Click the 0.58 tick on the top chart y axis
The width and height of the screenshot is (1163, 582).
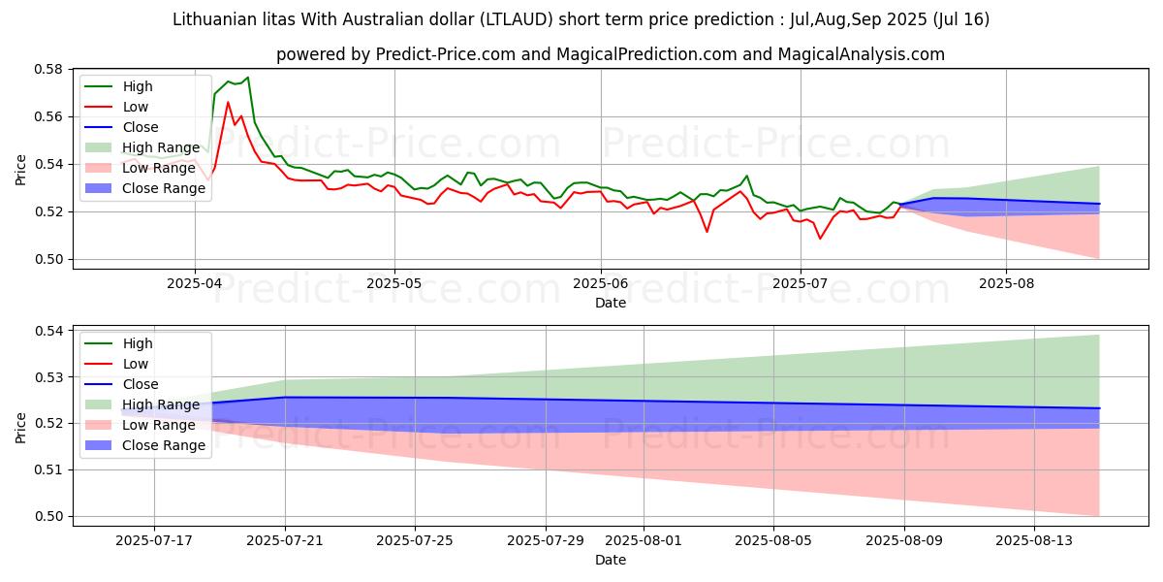tap(48, 70)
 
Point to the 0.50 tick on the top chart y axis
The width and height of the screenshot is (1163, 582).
tap(48, 259)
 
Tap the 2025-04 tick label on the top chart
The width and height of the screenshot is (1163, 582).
tap(195, 283)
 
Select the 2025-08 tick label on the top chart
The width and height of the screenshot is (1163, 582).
tap(1006, 283)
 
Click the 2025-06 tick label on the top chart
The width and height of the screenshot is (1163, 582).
tap(600, 283)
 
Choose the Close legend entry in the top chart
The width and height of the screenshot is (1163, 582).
tap(141, 127)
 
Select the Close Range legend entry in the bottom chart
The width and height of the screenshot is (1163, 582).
tap(164, 445)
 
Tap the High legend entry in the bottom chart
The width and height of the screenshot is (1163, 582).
tap(139, 343)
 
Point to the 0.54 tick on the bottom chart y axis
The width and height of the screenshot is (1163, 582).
tap(48, 331)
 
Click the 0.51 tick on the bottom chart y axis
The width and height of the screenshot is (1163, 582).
tap(48, 469)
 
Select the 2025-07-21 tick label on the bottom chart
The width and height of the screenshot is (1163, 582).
tap(284, 540)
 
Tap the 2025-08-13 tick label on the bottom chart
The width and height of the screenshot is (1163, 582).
tap(1034, 540)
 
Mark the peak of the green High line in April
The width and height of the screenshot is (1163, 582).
tap(247, 78)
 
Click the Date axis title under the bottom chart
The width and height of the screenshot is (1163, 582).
tap(611, 560)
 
